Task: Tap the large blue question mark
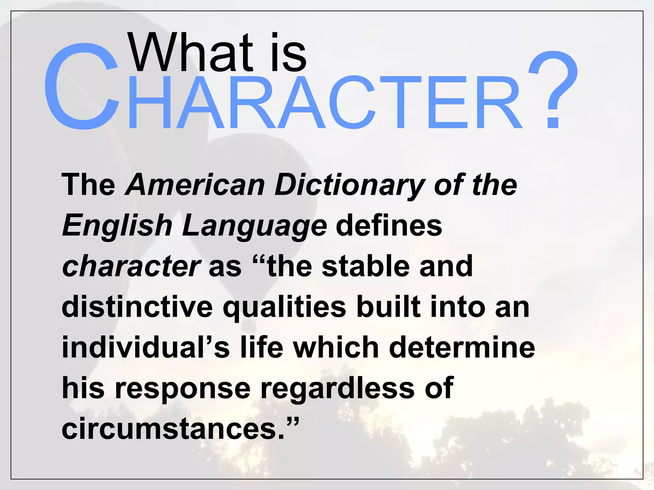[x=553, y=91]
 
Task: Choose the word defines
[x=389, y=226]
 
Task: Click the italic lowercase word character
[x=131, y=266]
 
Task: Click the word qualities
[x=285, y=308]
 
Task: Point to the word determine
[x=462, y=347]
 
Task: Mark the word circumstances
[x=172, y=429]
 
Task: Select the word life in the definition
[x=262, y=347]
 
